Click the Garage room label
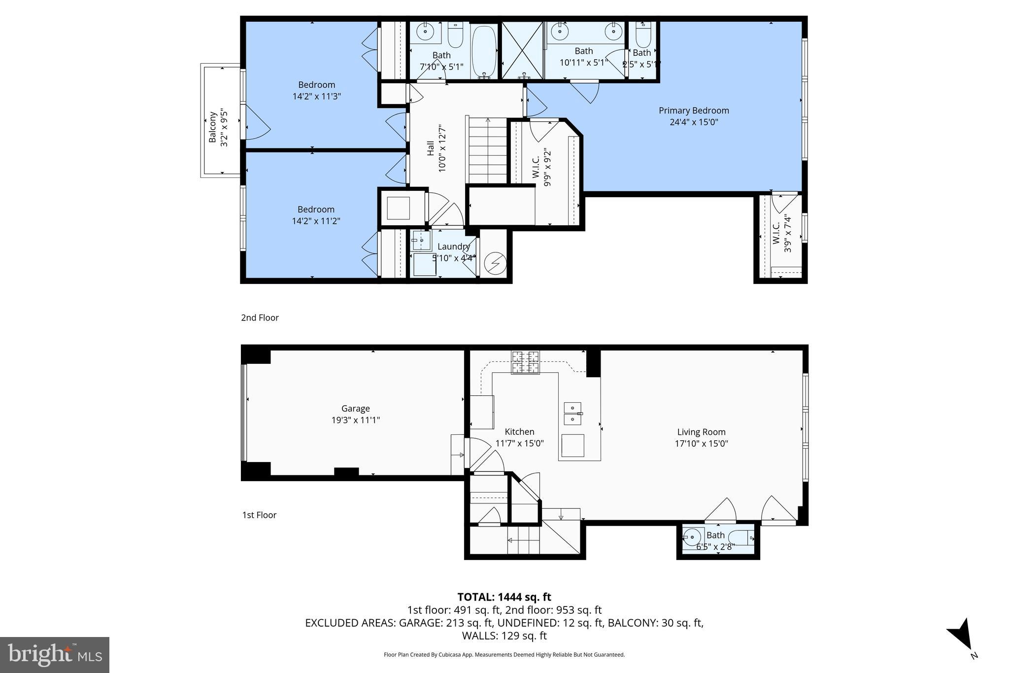[x=355, y=409]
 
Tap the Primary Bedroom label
[x=694, y=111]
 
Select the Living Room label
[x=701, y=432]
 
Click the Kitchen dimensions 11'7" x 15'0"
[x=519, y=443]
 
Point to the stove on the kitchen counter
[x=525, y=362]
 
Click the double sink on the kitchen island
[x=572, y=414]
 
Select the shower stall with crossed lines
[x=522, y=50]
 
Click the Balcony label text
[x=213, y=127]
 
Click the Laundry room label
[x=453, y=247]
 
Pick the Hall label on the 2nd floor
[x=431, y=148]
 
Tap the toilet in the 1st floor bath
[x=741, y=538]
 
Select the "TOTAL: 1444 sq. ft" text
[x=504, y=597]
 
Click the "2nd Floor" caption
[x=260, y=318]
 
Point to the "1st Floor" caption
[x=259, y=515]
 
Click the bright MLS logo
[x=55, y=655]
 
